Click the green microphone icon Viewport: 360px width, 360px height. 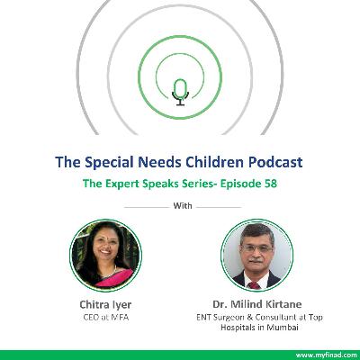point(180,88)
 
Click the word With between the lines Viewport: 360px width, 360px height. point(180,205)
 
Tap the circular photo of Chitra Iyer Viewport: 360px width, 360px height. point(105,254)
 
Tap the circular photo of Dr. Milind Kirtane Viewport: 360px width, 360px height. point(254,254)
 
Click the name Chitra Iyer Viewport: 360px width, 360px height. point(105,303)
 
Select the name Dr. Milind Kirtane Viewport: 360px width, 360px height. point(255,303)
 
